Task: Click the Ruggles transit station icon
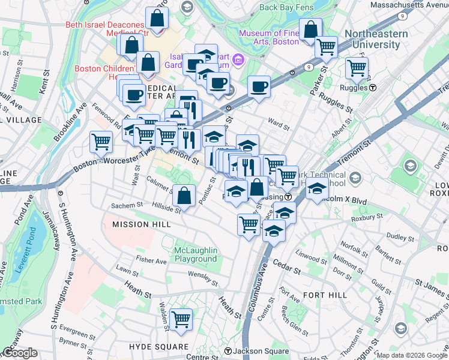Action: pyautogui.click(x=373, y=87)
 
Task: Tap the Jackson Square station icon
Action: pyautogui.click(x=228, y=351)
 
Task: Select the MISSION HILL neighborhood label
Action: pyautogui.click(x=141, y=224)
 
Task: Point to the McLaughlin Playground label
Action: pyautogui.click(x=195, y=254)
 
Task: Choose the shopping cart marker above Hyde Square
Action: pyautogui.click(x=181, y=319)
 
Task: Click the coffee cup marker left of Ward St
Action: pyautogui.click(x=259, y=86)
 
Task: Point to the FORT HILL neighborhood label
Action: pyautogui.click(x=325, y=295)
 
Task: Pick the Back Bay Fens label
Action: pyautogui.click(x=285, y=8)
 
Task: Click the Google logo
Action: pyautogui.click(x=19, y=352)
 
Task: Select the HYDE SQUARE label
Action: pyautogui.click(x=158, y=347)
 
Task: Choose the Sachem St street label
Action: pyautogui.click(x=126, y=205)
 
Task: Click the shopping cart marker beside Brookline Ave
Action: pyautogui.click(x=101, y=142)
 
